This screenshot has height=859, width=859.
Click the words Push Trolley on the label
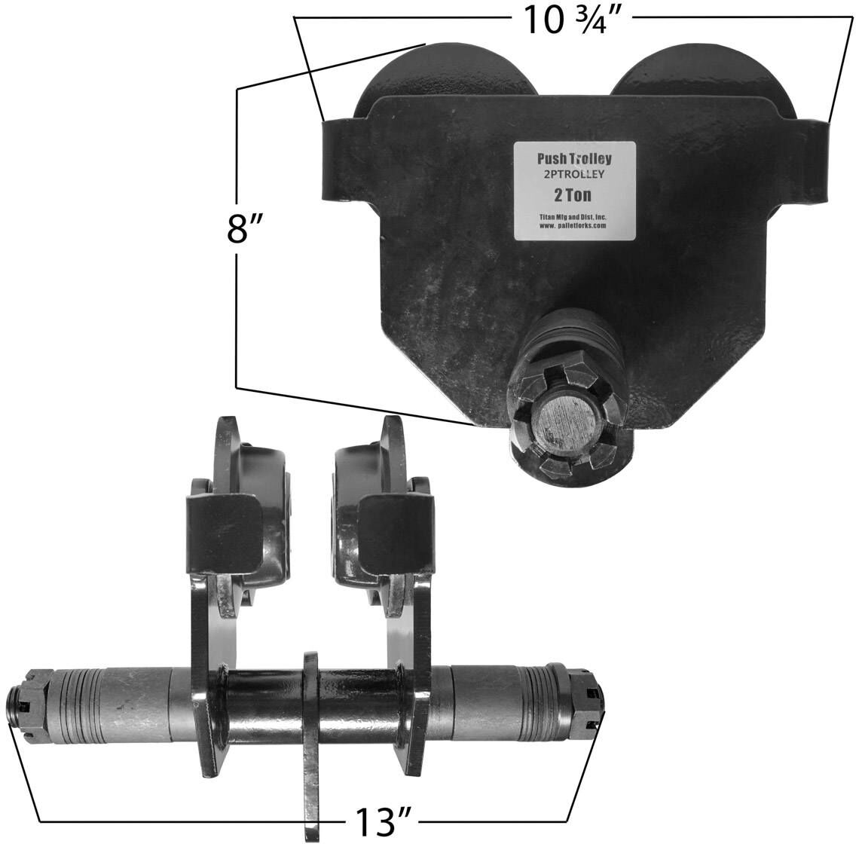tap(574, 159)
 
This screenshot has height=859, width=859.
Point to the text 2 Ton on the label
tap(573, 195)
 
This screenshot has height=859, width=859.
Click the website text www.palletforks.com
tap(573, 225)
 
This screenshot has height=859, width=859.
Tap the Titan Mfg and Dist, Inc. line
tap(573, 218)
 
